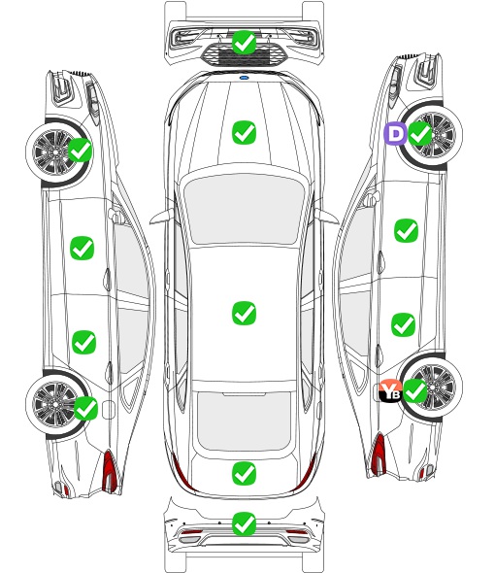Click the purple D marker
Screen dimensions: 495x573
pyautogui.click(x=394, y=134)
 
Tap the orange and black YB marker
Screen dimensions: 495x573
pyautogui.click(x=390, y=391)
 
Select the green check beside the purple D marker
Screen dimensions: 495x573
pyautogui.click(x=419, y=134)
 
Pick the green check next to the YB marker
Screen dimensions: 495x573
pyautogui.click(x=414, y=390)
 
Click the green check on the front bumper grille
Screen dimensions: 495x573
pyautogui.click(x=244, y=43)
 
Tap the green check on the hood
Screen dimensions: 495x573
pyautogui.click(x=244, y=133)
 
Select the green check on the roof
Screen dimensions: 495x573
pyautogui.click(x=244, y=313)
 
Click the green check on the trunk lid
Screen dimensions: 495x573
pyautogui.click(x=244, y=474)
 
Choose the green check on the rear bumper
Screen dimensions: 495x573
pyautogui.click(x=244, y=524)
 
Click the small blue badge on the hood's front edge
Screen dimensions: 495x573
pyautogui.click(x=244, y=78)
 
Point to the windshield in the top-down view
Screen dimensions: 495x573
pyautogui.click(x=245, y=209)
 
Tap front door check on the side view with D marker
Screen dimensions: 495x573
pyautogui.click(x=407, y=230)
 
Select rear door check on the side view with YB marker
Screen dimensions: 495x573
pyautogui.click(x=404, y=325)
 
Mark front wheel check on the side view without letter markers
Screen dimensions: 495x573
pyautogui.click(x=81, y=150)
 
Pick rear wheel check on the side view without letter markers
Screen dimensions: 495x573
pyautogui.click(x=85, y=408)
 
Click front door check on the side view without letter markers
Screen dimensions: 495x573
pyautogui.click(x=82, y=248)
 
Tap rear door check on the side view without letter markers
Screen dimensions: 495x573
pyautogui.click(x=84, y=343)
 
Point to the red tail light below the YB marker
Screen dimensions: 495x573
pyautogui.click(x=379, y=454)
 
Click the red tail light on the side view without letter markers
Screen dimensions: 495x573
pyautogui.click(x=110, y=471)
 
